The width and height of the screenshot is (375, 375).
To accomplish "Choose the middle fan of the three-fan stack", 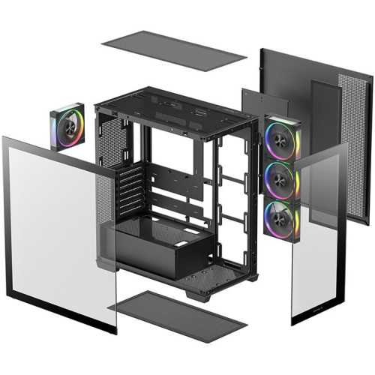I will [281, 180].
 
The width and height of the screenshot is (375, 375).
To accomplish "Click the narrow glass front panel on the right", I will [319, 232].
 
